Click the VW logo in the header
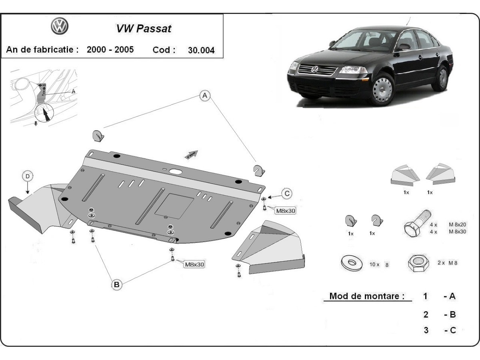pyautogui.click(x=60, y=26)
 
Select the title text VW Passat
pyautogui.click(x=143, y=29)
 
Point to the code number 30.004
pyautogui.click(x=201, y=50)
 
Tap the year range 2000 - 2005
pyautogui.click(x=110, y=50)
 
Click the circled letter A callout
pyautogui.click(x=204, y=96)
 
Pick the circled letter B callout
pyautogui.click(x=116, y=284)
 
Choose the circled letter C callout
pyautogui.click(x=286, y=194)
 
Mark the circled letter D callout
pyautogui.click(x=27, y=176)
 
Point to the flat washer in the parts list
pyautogui.click(x=351, y=263)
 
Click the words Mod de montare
pyautogui.click(x=367, y=296)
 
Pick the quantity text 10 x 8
pyautogui.click(x=379, y=264)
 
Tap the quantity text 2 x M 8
pyautogui.click(x=447, y=263)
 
